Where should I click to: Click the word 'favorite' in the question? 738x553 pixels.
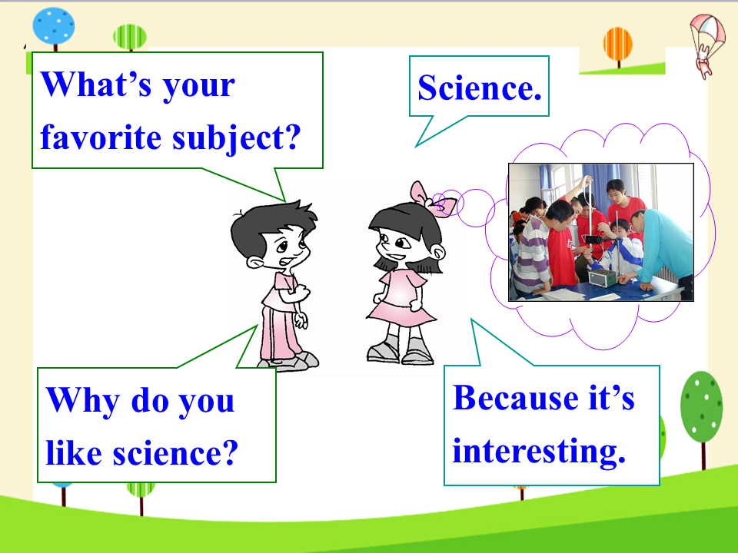pos(101,137)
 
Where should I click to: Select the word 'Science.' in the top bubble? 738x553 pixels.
pos(480,88)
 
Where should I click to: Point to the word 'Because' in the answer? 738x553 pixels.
pos(515,398)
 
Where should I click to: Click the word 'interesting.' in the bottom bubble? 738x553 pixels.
pos(539,452)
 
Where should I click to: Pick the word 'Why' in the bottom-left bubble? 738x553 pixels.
pos(83,401)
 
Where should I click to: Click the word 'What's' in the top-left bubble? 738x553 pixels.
pos(97,84)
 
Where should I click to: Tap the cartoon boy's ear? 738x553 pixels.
pos(254,262)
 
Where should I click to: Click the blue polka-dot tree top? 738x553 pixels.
pos(54,26)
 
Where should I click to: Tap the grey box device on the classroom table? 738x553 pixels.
pos(603,278)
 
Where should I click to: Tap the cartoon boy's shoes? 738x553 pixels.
pos(288,361)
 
